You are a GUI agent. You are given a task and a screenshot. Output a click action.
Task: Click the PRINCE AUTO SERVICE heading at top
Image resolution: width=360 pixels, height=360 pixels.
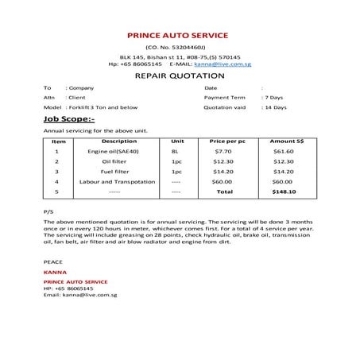pyautogui.click(x=178, y=35)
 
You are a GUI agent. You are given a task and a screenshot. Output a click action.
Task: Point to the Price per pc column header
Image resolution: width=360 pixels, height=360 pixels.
pyautogui.click(x=226, y=141)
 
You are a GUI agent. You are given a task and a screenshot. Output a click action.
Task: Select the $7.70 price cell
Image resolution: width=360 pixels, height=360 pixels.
pyautogui.click(x=223, y=151)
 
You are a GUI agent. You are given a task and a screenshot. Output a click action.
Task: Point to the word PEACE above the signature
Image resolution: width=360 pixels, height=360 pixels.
pyautogui.click(x=52, y=261)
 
